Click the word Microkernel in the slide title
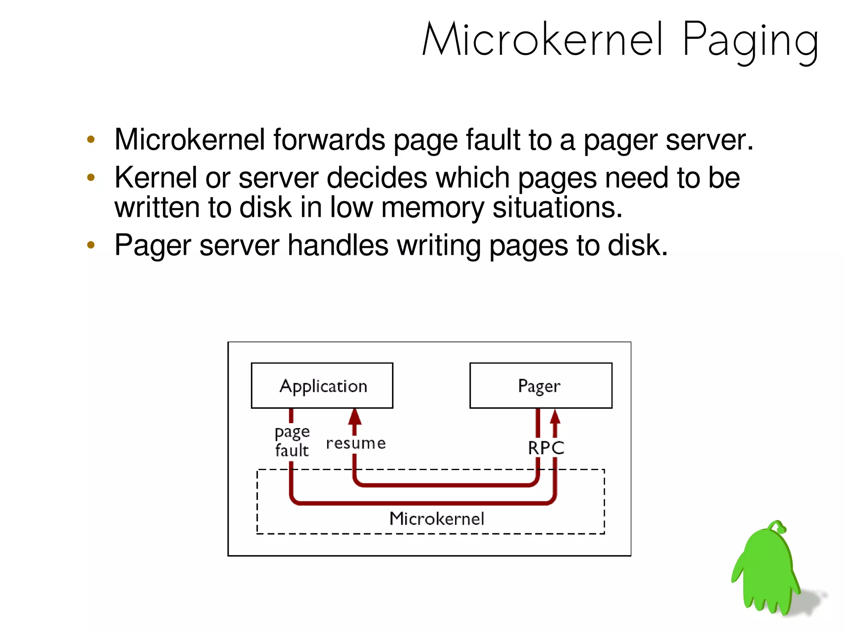click(543, 40)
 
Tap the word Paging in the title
click(750, 41)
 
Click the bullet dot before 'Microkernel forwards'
click(91, 139)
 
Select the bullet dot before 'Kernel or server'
click(91, 178)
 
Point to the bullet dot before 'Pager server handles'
click(91, 245)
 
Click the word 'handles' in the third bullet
click(338, 245)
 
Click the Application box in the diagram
click(322, 386)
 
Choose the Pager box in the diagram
click(541, 386)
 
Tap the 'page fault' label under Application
click(292, 441)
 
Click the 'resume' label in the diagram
click(356, 443)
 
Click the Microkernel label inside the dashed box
click(437, 519)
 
